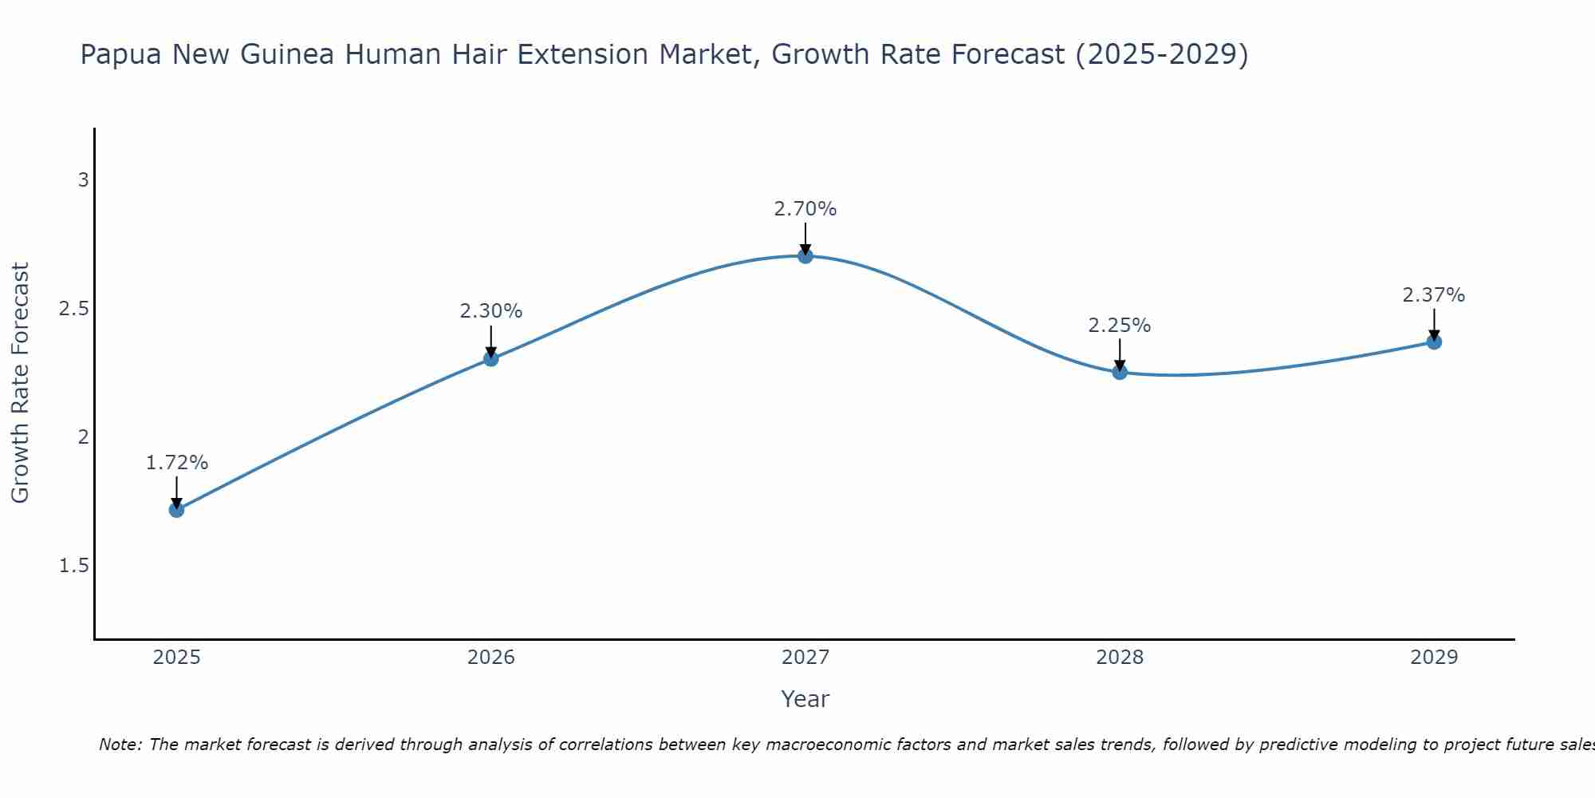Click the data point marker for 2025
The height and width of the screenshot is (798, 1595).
[176, 510]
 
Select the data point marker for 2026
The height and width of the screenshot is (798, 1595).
[491, 359]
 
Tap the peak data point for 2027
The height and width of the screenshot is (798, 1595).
[805, 256]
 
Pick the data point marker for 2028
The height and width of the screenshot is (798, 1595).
[1120, 372]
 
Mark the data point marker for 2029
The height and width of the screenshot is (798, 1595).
[1434, 342]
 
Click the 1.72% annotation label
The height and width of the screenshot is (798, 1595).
[177, 463]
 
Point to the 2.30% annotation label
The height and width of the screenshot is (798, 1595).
[491, 311]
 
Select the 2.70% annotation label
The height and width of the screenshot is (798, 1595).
[805, 209]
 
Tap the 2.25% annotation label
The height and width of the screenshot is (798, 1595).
[1120, 326]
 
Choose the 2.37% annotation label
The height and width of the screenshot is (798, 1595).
[1434, 295]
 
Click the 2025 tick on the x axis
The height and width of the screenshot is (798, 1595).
[176, 658]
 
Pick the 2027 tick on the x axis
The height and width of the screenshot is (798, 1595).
[805, 658]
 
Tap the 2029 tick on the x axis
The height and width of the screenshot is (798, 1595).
[1434, 658]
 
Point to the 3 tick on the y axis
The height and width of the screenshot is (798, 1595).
[83, 180]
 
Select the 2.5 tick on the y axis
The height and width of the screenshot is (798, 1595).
[74, 309]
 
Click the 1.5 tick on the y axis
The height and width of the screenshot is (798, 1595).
[74, 566]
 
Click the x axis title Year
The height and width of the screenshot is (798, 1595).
[805, 699]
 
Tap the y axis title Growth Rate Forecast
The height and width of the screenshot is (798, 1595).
[20, 383]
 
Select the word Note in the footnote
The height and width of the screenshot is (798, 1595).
[120, 745]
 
